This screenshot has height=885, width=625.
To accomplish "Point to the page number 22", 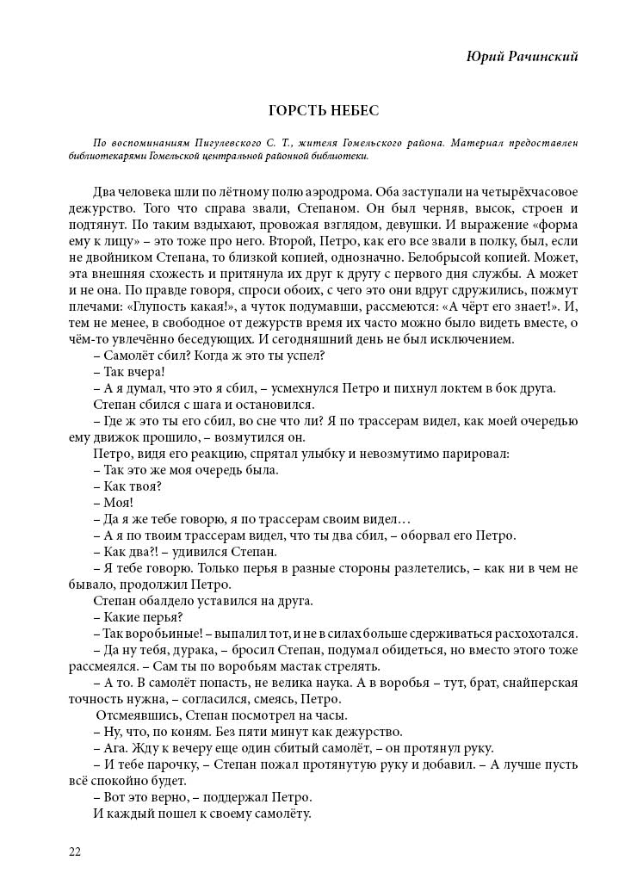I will coord(75,851).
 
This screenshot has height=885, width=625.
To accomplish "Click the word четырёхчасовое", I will coord(526,191).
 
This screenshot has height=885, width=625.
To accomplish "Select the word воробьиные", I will coord(160,634).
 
